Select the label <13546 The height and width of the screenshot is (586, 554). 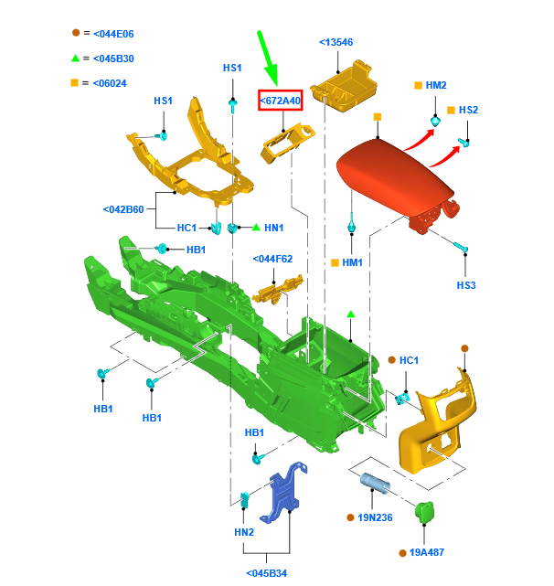pos(336,42)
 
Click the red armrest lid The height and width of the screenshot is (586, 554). pos(393,174)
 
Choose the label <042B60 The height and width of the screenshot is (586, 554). pos(123,209)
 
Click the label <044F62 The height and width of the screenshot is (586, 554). pos(272,259)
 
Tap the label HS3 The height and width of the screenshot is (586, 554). pos(466,285)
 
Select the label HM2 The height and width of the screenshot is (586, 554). pos(436,85)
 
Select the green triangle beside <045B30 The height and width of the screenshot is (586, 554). pos(77,59)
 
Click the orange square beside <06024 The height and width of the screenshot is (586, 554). pos(77,83)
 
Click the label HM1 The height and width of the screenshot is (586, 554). pos(352,262)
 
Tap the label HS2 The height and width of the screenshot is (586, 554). pos(468,110)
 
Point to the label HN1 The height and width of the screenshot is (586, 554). pos(274,227)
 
